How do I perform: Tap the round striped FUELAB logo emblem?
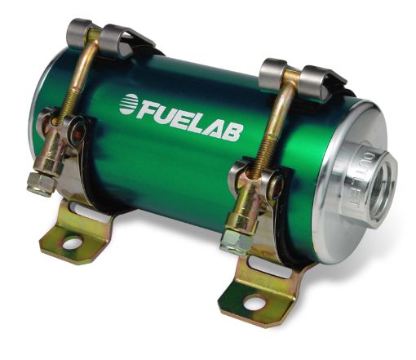point(129,104)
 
